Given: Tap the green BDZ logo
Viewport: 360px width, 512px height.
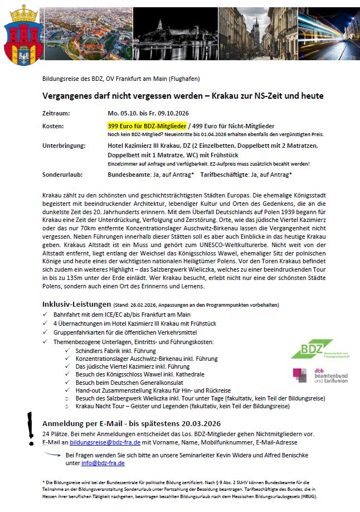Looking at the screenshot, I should click(312, 349).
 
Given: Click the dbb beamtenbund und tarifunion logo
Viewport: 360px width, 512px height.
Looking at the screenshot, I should click(320, 375).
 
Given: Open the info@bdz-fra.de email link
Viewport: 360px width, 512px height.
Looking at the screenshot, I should click(95, 462).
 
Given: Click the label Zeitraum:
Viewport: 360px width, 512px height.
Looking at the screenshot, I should click(57, 113).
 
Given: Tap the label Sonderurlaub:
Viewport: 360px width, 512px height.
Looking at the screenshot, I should click(62, 175).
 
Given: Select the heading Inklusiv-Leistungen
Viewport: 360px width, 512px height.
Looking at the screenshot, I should click(76, 304).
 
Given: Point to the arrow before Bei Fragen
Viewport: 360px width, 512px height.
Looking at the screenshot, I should click(54, 455).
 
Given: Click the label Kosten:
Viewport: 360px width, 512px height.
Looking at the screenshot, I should click(53, 127).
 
